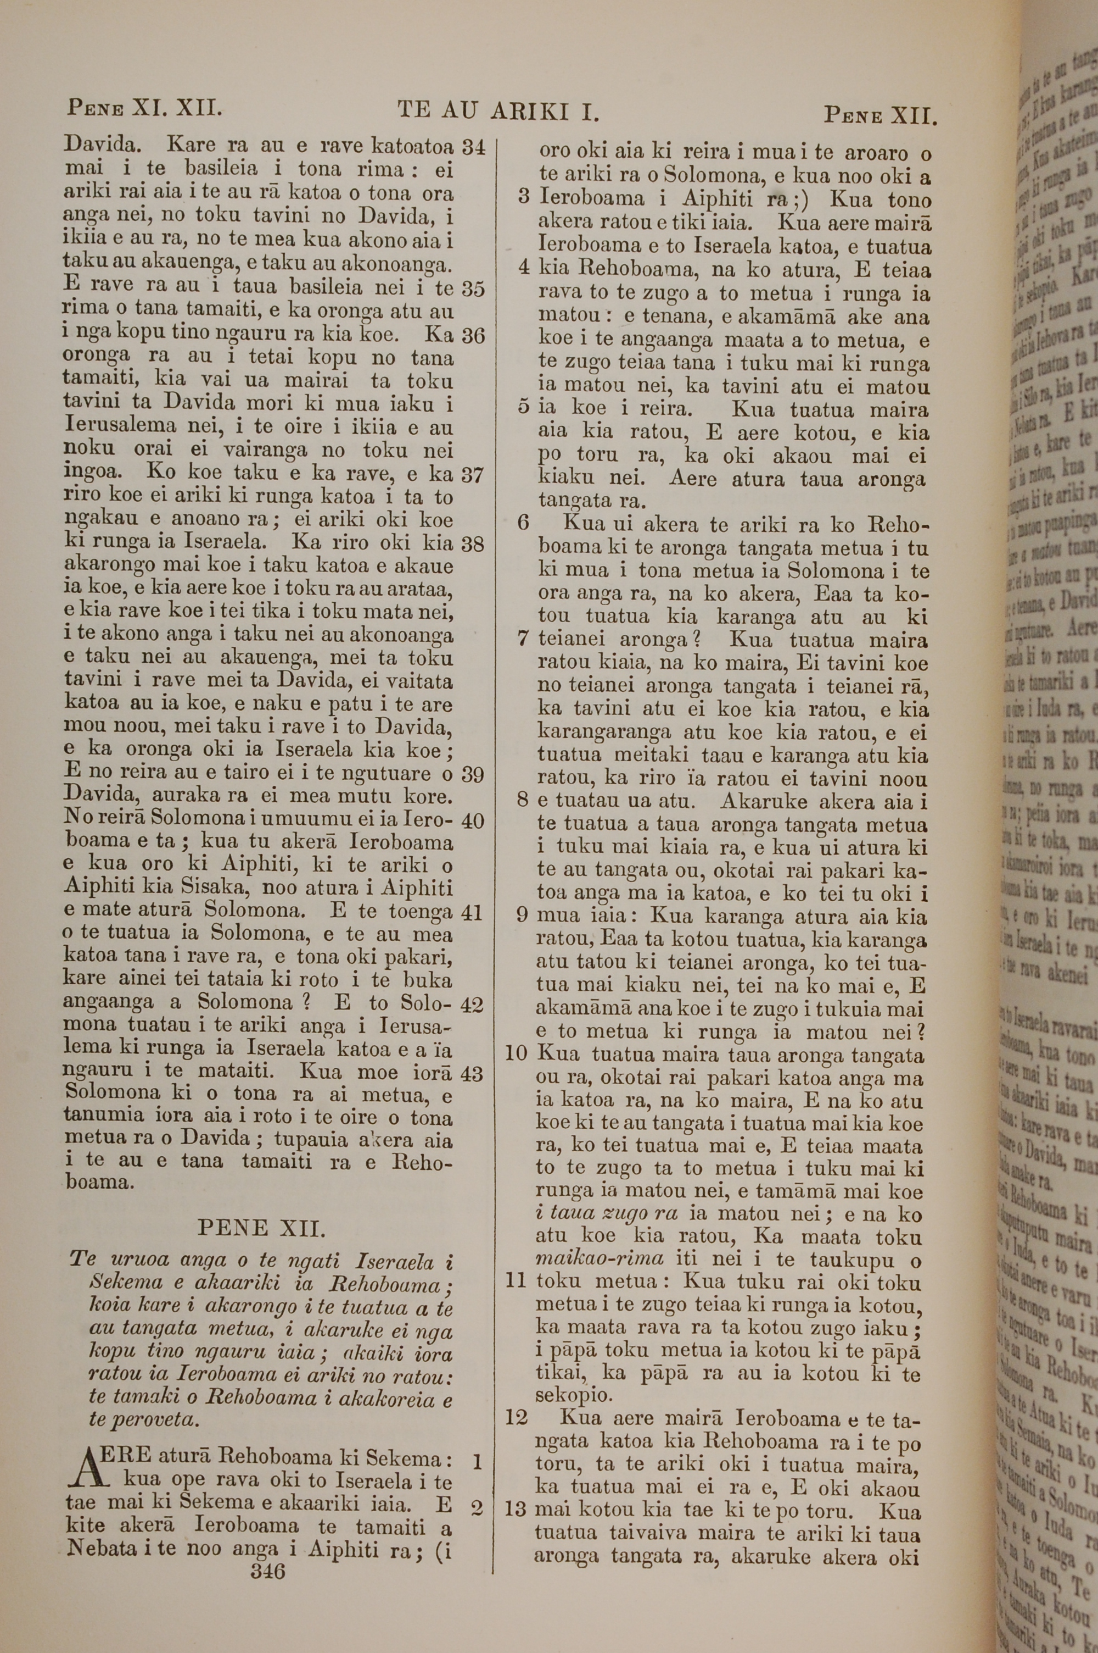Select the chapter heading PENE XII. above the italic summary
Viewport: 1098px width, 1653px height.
point(261,1228)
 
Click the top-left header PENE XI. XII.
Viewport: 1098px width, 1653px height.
point(144,108)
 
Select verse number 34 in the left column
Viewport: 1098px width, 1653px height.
point(474,148)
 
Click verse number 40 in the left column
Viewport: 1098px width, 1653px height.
point(473,820)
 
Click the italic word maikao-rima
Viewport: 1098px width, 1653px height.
point(599,1258)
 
